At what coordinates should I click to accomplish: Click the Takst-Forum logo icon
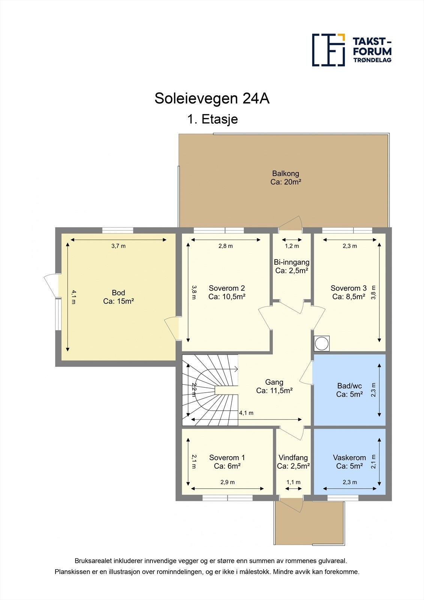pos(328,50)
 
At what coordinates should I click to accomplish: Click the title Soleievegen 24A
pos(212,99)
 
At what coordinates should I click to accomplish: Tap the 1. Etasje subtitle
pos(212,119)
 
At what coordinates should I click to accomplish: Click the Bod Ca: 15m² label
pos(118,297)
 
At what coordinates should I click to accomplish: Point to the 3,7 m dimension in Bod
pos(118,246)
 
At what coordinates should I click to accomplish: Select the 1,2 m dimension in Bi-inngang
pos(292,246)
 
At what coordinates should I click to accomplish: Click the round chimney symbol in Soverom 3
pos(322,343)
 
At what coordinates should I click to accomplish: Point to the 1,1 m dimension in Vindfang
pos(294,482)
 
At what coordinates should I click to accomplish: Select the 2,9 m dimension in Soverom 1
pos(228,482)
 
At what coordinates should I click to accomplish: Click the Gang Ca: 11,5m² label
pos(274,386)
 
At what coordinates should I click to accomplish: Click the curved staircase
pos(210,390)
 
